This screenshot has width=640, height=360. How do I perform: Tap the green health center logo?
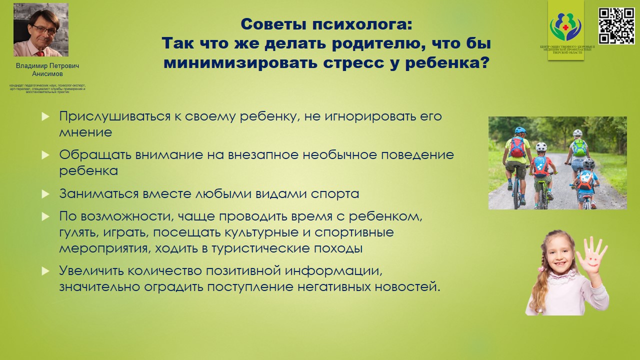click(565, 27)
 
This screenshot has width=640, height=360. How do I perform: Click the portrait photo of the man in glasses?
click(41, 29)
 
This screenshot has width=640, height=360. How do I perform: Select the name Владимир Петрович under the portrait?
click(47, 66)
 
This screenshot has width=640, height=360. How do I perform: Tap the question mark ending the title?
click(482, 63)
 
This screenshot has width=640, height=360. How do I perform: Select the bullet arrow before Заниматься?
click(45, 193)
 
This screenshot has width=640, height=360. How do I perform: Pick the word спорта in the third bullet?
click(335, 193)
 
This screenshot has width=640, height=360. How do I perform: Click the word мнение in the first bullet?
click(85, 133)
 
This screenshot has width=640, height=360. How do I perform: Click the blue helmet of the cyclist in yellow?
click(520, 130)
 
